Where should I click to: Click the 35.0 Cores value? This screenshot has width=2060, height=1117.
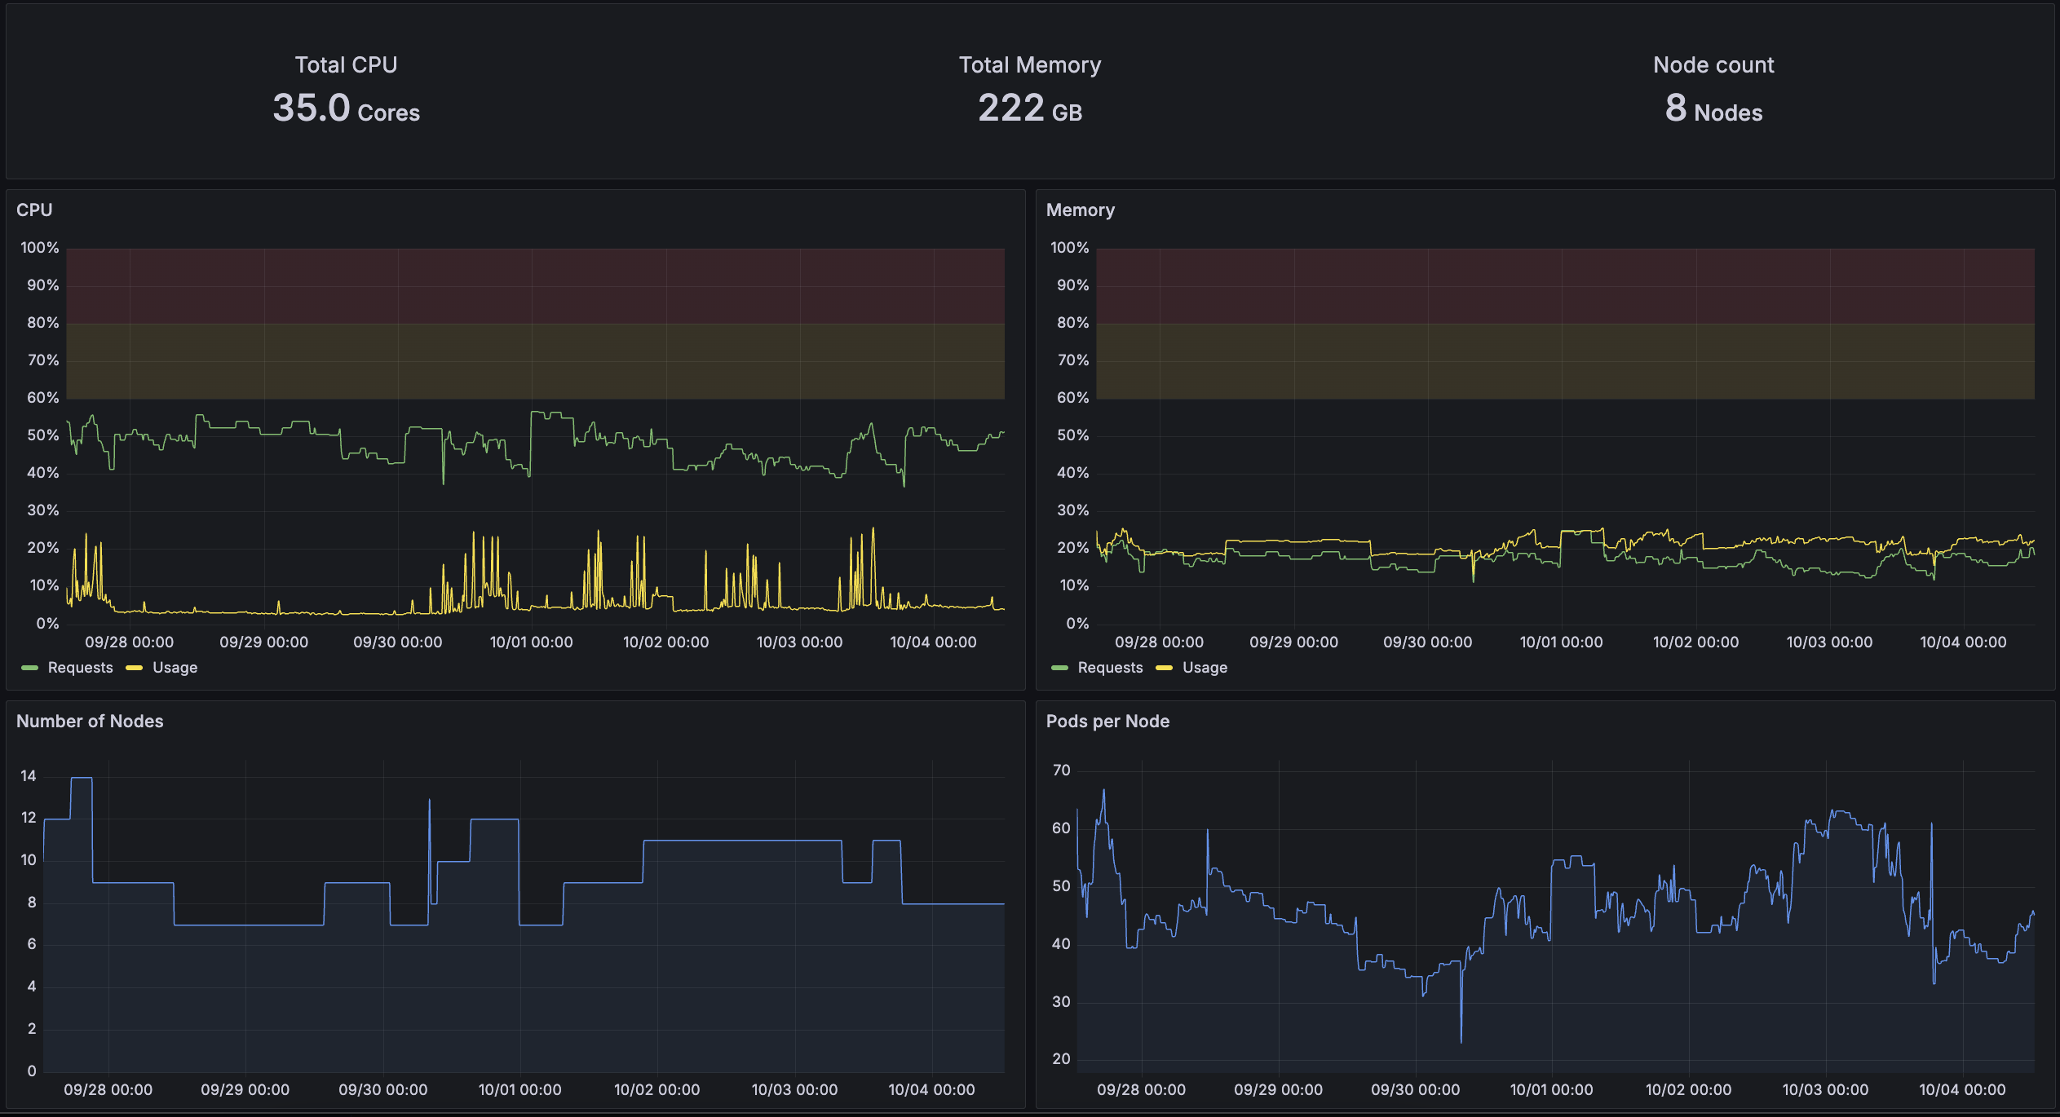coord(346,108)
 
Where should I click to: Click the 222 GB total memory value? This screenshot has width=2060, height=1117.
coord(1029,108)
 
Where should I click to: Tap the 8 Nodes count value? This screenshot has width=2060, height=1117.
coord(1713,108)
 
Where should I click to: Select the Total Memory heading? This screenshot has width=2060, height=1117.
coord(1029,65)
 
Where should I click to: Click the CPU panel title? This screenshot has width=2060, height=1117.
coord(34,210)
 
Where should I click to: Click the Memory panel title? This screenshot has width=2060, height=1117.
coord(1080,210)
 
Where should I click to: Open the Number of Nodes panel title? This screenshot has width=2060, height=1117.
coord(90,722)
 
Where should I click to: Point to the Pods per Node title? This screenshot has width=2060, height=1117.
coord(1107,722)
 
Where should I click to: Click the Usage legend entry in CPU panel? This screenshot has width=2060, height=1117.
coord(174,668)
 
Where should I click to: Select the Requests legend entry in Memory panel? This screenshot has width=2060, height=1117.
coord(1109,668)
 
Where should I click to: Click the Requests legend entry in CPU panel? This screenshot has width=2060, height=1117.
coord(79,668)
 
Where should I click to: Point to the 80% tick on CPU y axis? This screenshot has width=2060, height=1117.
coord(43,323)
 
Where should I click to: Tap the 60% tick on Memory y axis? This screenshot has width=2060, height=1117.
coord(1072,398)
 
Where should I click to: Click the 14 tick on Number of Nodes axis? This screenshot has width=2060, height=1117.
coord(29,776)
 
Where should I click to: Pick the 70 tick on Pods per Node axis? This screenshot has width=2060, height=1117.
coord(1061,770)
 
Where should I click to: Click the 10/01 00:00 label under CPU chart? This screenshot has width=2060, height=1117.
coord(531,642)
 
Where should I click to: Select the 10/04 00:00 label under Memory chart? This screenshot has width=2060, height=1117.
coord(1963,642)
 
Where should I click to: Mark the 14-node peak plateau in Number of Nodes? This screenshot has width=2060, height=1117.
coord(82,779)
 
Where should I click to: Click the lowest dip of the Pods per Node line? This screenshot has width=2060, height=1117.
coord(1461,1040)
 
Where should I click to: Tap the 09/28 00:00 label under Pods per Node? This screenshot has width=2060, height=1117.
coord(1141,1090)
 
